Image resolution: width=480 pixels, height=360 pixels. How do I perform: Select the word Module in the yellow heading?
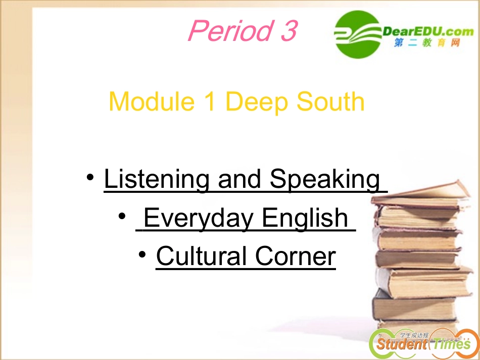[x=152, y=101]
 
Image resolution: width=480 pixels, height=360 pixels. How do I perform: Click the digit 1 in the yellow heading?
[x=210, y=101]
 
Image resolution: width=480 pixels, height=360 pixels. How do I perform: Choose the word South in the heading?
[x=330, y=101]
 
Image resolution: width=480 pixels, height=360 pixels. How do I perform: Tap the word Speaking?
[x=325, y=180]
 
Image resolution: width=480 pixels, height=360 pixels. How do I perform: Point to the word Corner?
[x=295, y=256]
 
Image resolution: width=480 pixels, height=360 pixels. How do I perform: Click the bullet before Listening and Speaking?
[x=90, y=178]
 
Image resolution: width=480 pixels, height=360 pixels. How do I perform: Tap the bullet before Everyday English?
[x=122, y=218]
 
